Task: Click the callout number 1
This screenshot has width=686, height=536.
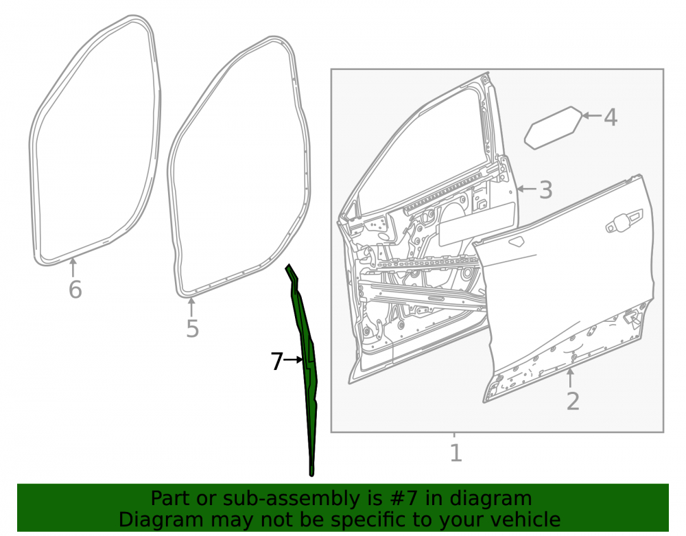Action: (456, 453)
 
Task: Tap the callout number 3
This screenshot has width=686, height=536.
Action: (545, 190)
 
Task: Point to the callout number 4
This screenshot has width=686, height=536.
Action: (611, 117)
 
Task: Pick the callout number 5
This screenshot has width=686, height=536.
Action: (193, 329)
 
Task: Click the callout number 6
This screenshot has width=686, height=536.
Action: (75, 290)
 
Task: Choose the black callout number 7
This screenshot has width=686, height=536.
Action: (276, 362)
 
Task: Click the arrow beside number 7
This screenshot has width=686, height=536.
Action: (293, 360)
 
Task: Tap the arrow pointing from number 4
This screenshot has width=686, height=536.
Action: (592, 115)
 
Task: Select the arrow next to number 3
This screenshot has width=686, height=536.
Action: (526, 189)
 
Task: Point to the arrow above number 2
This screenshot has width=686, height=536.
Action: (570, 378)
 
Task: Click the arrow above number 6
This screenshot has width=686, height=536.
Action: (73, 267)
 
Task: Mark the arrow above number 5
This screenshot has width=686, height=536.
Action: (191, 307)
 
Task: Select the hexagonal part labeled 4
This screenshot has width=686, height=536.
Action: (554, 128)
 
